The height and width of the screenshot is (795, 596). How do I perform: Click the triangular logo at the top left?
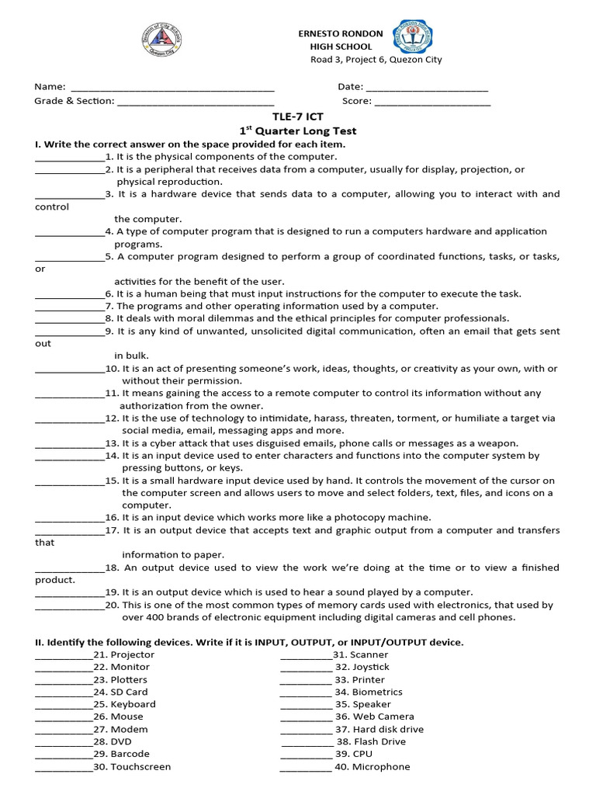pyautogui.click(x=168, y=36)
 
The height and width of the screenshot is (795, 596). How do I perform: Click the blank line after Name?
pyautogui.click(x=172, y=89)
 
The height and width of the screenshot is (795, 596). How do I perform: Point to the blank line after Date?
pyautogui.click(x=426, y=89)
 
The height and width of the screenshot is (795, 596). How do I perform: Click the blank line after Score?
pyautogui.click(x=432, y=102)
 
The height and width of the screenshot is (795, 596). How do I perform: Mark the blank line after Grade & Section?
pyautogui.click(x=196, y=102)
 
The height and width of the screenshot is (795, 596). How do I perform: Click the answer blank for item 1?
pyautogui.click(x=70, y=158)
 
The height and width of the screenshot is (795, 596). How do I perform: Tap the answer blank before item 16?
pyautogui.click(x=70, y=519)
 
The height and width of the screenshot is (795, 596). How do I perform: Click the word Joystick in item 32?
pyautogui.click(x=370, y=667)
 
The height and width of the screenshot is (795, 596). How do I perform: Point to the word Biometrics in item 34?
pyautogui.click(x=376, y=692)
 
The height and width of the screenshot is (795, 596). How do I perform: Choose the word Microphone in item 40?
pyautogui.click(x=380, y=766)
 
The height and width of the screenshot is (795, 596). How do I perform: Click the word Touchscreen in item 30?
pyautogui.click(x=140, y=766)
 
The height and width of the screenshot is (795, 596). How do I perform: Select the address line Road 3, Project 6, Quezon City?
pyautogui.click(x=376, y=60)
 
